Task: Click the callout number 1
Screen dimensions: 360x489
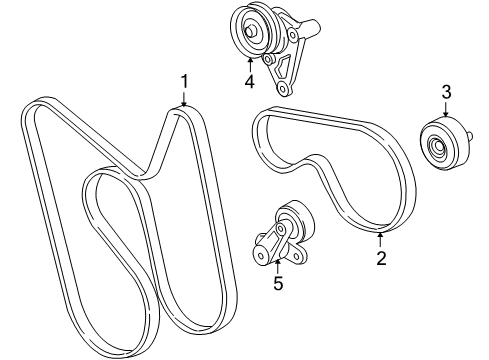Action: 184,81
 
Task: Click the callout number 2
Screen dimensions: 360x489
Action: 380,258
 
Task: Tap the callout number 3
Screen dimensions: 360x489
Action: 445,93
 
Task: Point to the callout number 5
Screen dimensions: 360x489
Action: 278,283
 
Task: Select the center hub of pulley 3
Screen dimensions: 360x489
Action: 437,152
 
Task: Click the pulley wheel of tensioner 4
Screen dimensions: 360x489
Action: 247,28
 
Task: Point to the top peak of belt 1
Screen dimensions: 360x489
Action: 183,111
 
